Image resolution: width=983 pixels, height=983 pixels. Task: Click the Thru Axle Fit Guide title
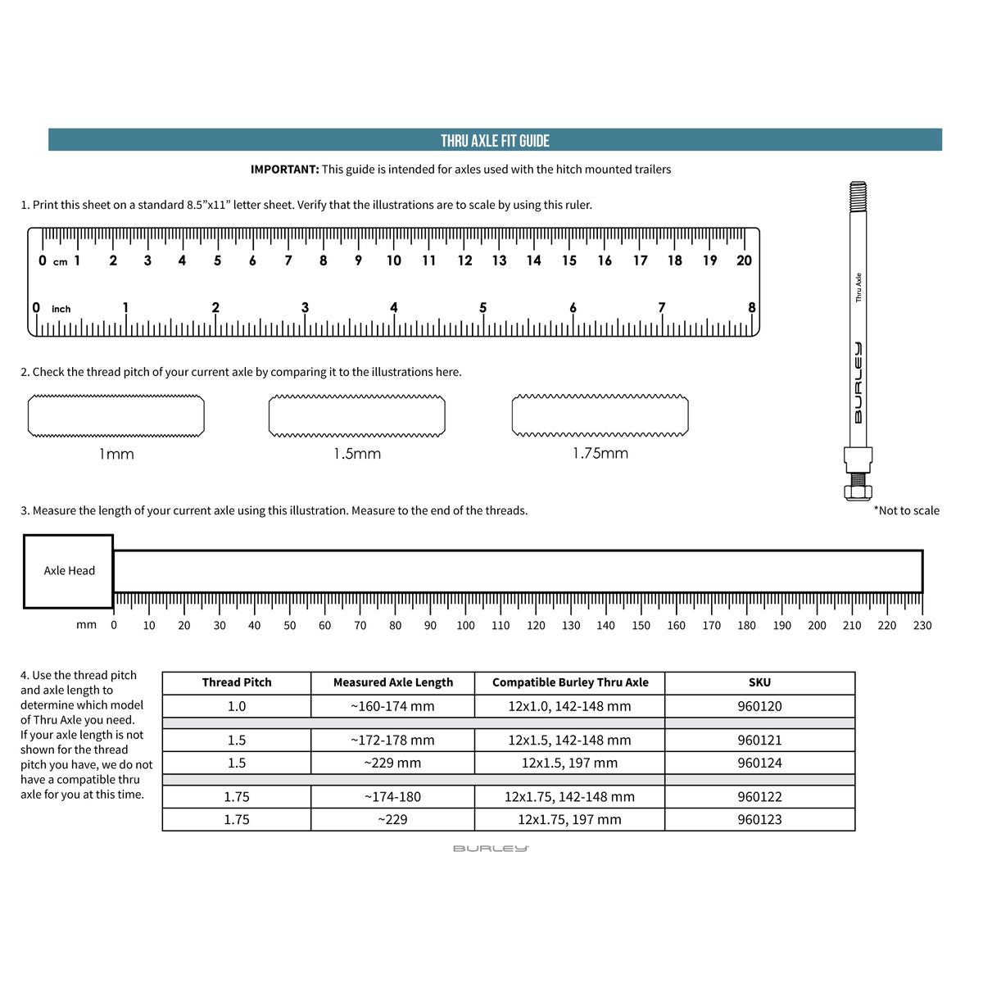click(x=495, y=140)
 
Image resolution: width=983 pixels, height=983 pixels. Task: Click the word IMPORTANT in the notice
click(x=284, y=170)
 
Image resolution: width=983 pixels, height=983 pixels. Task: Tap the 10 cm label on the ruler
click(x=394, y=260)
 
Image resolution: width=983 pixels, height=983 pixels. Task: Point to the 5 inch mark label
click(x=483, y=308)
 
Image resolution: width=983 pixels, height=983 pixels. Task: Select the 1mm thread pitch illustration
click(x=116, y=415)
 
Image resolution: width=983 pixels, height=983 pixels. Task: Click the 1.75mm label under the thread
click(x=600, y=453)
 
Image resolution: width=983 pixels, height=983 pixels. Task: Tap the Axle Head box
click(x=69, y=571)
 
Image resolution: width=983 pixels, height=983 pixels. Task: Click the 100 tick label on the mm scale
click(x=465, y=625)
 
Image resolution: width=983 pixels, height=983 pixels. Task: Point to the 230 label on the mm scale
click(x=922, y=625)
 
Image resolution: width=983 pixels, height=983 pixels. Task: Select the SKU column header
click(x=759, y=682)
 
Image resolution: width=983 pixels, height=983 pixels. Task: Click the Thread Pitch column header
click(x=237, y=682)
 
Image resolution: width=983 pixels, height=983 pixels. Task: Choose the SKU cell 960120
click(x=759, y=706)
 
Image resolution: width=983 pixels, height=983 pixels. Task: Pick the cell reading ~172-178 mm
click(x=392, y=740)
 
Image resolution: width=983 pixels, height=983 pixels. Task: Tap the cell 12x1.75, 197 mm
click(x=569, y=819)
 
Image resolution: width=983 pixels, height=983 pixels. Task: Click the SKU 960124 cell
click(x=759, y=763)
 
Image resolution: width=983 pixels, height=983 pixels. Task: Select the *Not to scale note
click(x=907, y=510)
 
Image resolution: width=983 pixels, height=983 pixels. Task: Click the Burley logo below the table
click(x=491, y=849)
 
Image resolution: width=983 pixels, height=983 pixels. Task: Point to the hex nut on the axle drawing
click(x=858, y=491)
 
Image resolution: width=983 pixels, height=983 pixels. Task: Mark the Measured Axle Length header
click(x=392, y=682)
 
